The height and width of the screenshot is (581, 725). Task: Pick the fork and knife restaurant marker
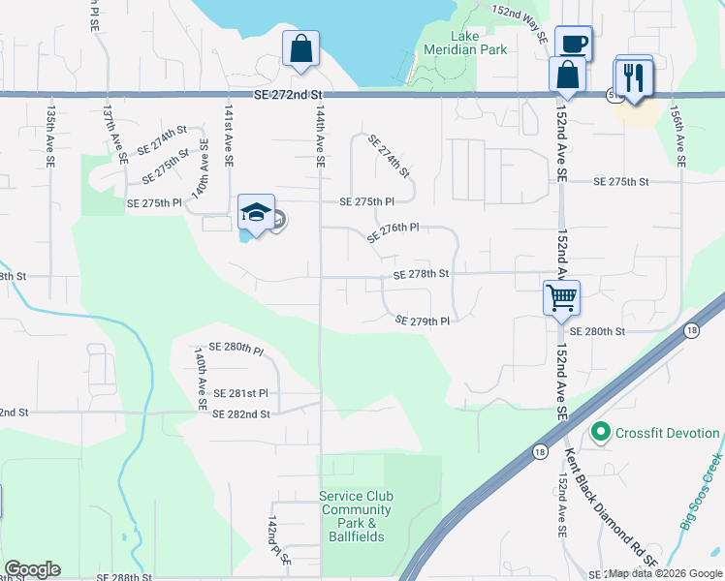633,77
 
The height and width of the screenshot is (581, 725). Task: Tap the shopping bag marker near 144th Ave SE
301,48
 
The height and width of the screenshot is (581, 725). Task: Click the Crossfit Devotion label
668,433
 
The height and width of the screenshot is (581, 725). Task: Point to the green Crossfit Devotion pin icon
601,433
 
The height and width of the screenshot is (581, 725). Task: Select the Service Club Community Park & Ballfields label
356,516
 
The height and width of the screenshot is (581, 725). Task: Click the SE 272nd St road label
287,94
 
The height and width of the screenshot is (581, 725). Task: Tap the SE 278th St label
421,274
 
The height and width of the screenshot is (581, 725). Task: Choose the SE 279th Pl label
424,320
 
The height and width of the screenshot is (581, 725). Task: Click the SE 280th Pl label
236,349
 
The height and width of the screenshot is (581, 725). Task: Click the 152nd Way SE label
520,23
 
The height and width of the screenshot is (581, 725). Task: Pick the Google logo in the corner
32,569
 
